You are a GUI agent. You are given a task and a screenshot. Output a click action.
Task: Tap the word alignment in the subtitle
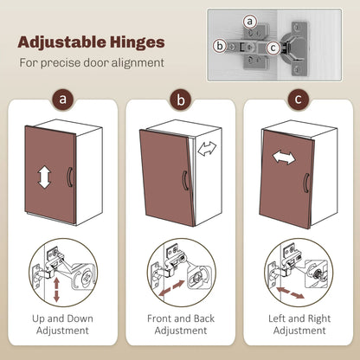coord(138,63)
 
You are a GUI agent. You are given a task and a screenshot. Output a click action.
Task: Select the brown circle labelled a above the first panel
coord(62,100)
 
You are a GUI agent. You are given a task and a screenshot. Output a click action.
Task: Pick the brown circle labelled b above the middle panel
coord(181,100)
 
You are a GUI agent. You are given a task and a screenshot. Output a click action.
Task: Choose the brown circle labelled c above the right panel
coord(299,100)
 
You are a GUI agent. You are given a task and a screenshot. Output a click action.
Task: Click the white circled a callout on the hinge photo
coord(249,22)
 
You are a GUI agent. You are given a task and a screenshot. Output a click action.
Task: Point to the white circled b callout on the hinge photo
coord(220,46)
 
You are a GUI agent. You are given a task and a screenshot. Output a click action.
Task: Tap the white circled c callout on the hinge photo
coord(273,48)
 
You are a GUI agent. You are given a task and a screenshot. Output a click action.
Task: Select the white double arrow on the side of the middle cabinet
coord(207,148)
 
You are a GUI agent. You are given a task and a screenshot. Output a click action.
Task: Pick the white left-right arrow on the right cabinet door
coord(284,157)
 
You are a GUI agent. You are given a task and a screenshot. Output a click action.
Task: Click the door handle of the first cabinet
coord(69,177)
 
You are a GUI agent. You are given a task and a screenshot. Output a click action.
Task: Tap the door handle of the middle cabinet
coord(185,181)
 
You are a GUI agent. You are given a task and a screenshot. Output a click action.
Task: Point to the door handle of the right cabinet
coord(305,183)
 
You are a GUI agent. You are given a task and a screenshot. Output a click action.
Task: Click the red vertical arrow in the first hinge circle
coord(56,289)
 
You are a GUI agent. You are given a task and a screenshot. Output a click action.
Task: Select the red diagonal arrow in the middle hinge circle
coord(171,288)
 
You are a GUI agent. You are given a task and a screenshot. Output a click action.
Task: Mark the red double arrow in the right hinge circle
coord(290,292)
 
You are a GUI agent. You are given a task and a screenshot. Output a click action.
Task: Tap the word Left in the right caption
coord(277,318)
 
